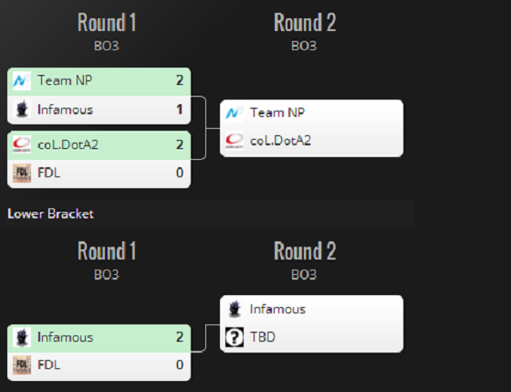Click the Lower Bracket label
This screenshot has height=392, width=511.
[x=50, y=214]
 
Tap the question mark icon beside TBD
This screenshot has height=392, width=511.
[x=235, y=337]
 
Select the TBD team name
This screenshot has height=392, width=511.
[x=263, y=337]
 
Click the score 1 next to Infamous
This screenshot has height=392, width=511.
[x=179, y=110]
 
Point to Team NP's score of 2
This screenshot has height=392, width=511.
[x=180, y=80]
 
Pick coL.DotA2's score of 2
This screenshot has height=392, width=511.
[x=180, y=144]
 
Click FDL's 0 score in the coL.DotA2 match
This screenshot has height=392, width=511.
[x=180, y=173]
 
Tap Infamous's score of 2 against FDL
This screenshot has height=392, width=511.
[x=180, y=337]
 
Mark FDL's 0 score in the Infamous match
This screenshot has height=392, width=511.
[x=180, y=365]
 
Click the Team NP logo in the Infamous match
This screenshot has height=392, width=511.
[x=22, y=80]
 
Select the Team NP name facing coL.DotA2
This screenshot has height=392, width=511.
[x=277, y=112]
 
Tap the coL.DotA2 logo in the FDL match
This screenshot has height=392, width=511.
[x=22, y=144]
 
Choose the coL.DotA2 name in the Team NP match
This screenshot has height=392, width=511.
[x=280, y=141]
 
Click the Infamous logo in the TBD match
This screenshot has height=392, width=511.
[x=235, y=309]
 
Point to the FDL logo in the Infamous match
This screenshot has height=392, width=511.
[x=22, y=365]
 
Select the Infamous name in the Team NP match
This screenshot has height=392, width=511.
[x=65, y=110]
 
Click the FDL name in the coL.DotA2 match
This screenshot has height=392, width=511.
[x=49, y=173]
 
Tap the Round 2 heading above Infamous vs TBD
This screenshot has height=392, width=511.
[x=305, y=250]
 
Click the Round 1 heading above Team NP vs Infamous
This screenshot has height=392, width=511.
[x=107, y=22]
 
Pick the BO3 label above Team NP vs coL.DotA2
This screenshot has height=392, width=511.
[x=304, y=46]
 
